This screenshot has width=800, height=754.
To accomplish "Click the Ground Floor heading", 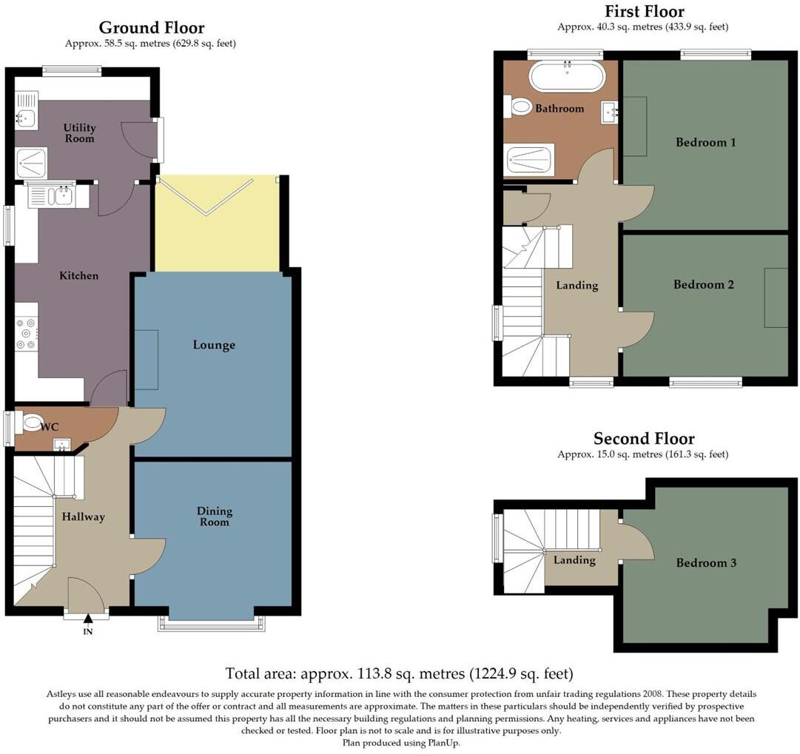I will (x=151, y=28).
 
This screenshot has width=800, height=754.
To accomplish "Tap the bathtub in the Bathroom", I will (x=567, y=75).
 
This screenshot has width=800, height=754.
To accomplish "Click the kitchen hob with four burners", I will (x=27, y=333).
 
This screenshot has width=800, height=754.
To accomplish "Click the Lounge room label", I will (x=214, y=345).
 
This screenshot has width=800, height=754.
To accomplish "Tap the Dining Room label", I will (x=215, y=516).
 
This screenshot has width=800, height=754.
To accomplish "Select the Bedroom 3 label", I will (x=706, y=563).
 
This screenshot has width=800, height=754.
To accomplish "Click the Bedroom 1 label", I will (x=705, y=142).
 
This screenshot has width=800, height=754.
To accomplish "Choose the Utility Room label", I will (x=79, y=133).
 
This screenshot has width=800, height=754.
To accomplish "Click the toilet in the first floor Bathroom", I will (x=520, y=108).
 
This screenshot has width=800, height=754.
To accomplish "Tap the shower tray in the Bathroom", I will (x=529, y=160).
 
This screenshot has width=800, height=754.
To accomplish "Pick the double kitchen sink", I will (x=50, y=196).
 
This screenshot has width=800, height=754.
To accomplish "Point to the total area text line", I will (x=399, y=673).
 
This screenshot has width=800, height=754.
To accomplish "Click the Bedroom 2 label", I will (x=703, y=284).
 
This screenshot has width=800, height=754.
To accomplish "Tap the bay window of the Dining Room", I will (x=211, y=624).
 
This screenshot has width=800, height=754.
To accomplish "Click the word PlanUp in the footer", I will (x=440, y=743).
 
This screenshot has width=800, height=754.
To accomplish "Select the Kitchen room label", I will (x=78, y=275).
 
